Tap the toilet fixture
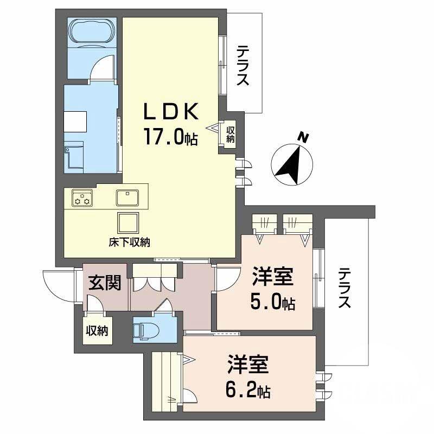tap(145, 328)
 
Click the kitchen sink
tap(129, 197)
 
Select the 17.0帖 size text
tap(170, 136)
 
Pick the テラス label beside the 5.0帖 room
tap(344, 289)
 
